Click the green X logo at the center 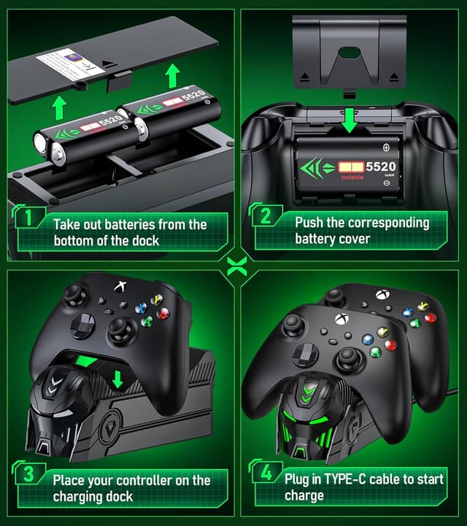[x=233, y=263]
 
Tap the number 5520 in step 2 [x=381, y=167]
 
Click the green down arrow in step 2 [x=351, y=121]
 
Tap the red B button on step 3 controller [x=163, y=314]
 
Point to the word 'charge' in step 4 [x=304, y=495]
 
